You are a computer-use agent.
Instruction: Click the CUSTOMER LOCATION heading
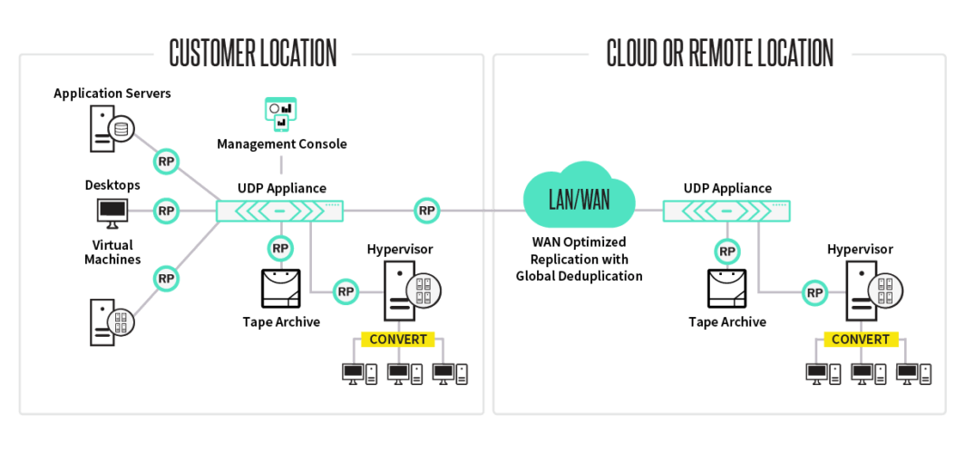click(253, 53)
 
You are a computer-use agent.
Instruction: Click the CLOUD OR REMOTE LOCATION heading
click(719, 53)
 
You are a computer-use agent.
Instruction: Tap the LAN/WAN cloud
click(579, 199)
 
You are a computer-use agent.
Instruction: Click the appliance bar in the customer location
click(279, 211)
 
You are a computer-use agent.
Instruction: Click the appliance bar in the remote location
click(726, 211)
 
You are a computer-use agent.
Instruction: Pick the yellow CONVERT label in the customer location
click(397, 339)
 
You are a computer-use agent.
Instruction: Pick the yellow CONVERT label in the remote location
click(861, 339)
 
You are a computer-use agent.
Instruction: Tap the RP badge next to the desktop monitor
click(166, 211)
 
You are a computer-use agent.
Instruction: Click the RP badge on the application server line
click(166, 162)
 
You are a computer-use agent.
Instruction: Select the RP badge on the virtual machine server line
click(166, 278)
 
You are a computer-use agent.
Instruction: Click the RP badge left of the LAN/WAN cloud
click(427, 211)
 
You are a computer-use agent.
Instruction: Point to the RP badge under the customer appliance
click(280, 248)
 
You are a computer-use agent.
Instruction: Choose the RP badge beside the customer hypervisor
click(346, 291)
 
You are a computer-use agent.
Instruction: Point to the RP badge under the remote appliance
click(726, 252)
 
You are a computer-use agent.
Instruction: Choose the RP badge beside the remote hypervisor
click(814, 292)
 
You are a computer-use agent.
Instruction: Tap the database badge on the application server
click(122, 129)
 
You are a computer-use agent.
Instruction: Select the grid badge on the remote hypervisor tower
click(885, 290)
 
